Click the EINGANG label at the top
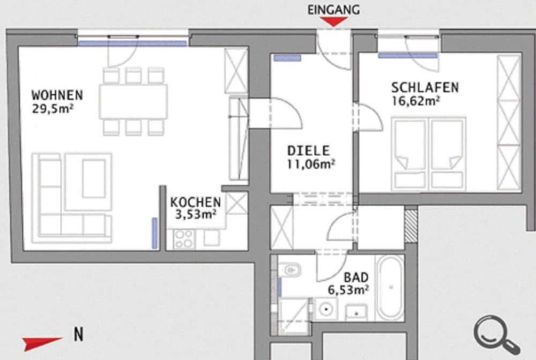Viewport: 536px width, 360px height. (x=333, y=9)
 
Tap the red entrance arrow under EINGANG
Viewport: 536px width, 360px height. (x=334, y=21)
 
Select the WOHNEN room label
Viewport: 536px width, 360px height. (x=57, y=95)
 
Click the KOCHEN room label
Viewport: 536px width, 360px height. (x=196, y=202)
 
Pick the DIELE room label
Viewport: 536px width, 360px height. (x=308, y=151)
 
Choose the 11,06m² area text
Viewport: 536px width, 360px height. (x=311, y=164)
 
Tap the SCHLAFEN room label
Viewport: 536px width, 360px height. (x=425, y=87)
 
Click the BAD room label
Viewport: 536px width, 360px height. (x=356, y=277)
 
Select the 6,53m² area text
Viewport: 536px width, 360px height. (x=348, y=290)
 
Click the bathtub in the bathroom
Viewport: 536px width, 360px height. (x=390, y=287)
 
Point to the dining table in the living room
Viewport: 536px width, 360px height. (x=133, y=101)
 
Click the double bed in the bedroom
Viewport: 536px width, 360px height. (x=429, y=153)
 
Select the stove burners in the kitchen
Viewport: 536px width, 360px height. (x=184, y=238)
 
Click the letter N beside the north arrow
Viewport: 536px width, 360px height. (x=78, y=335)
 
